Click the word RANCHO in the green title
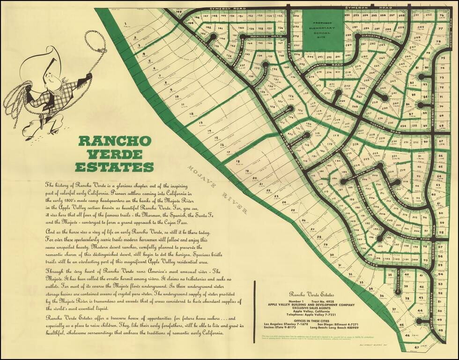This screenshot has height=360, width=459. [115, 141]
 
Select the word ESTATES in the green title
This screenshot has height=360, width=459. [115, 167]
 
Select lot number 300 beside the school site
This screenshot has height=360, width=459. [296, 15]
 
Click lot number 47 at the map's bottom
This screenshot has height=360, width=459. [404, 347]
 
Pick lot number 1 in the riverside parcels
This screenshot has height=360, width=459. [126, 23]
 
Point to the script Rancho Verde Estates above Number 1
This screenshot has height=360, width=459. [317, 293]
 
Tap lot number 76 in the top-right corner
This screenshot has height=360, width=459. [441, 15]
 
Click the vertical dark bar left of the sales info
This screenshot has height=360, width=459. [254, 307]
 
